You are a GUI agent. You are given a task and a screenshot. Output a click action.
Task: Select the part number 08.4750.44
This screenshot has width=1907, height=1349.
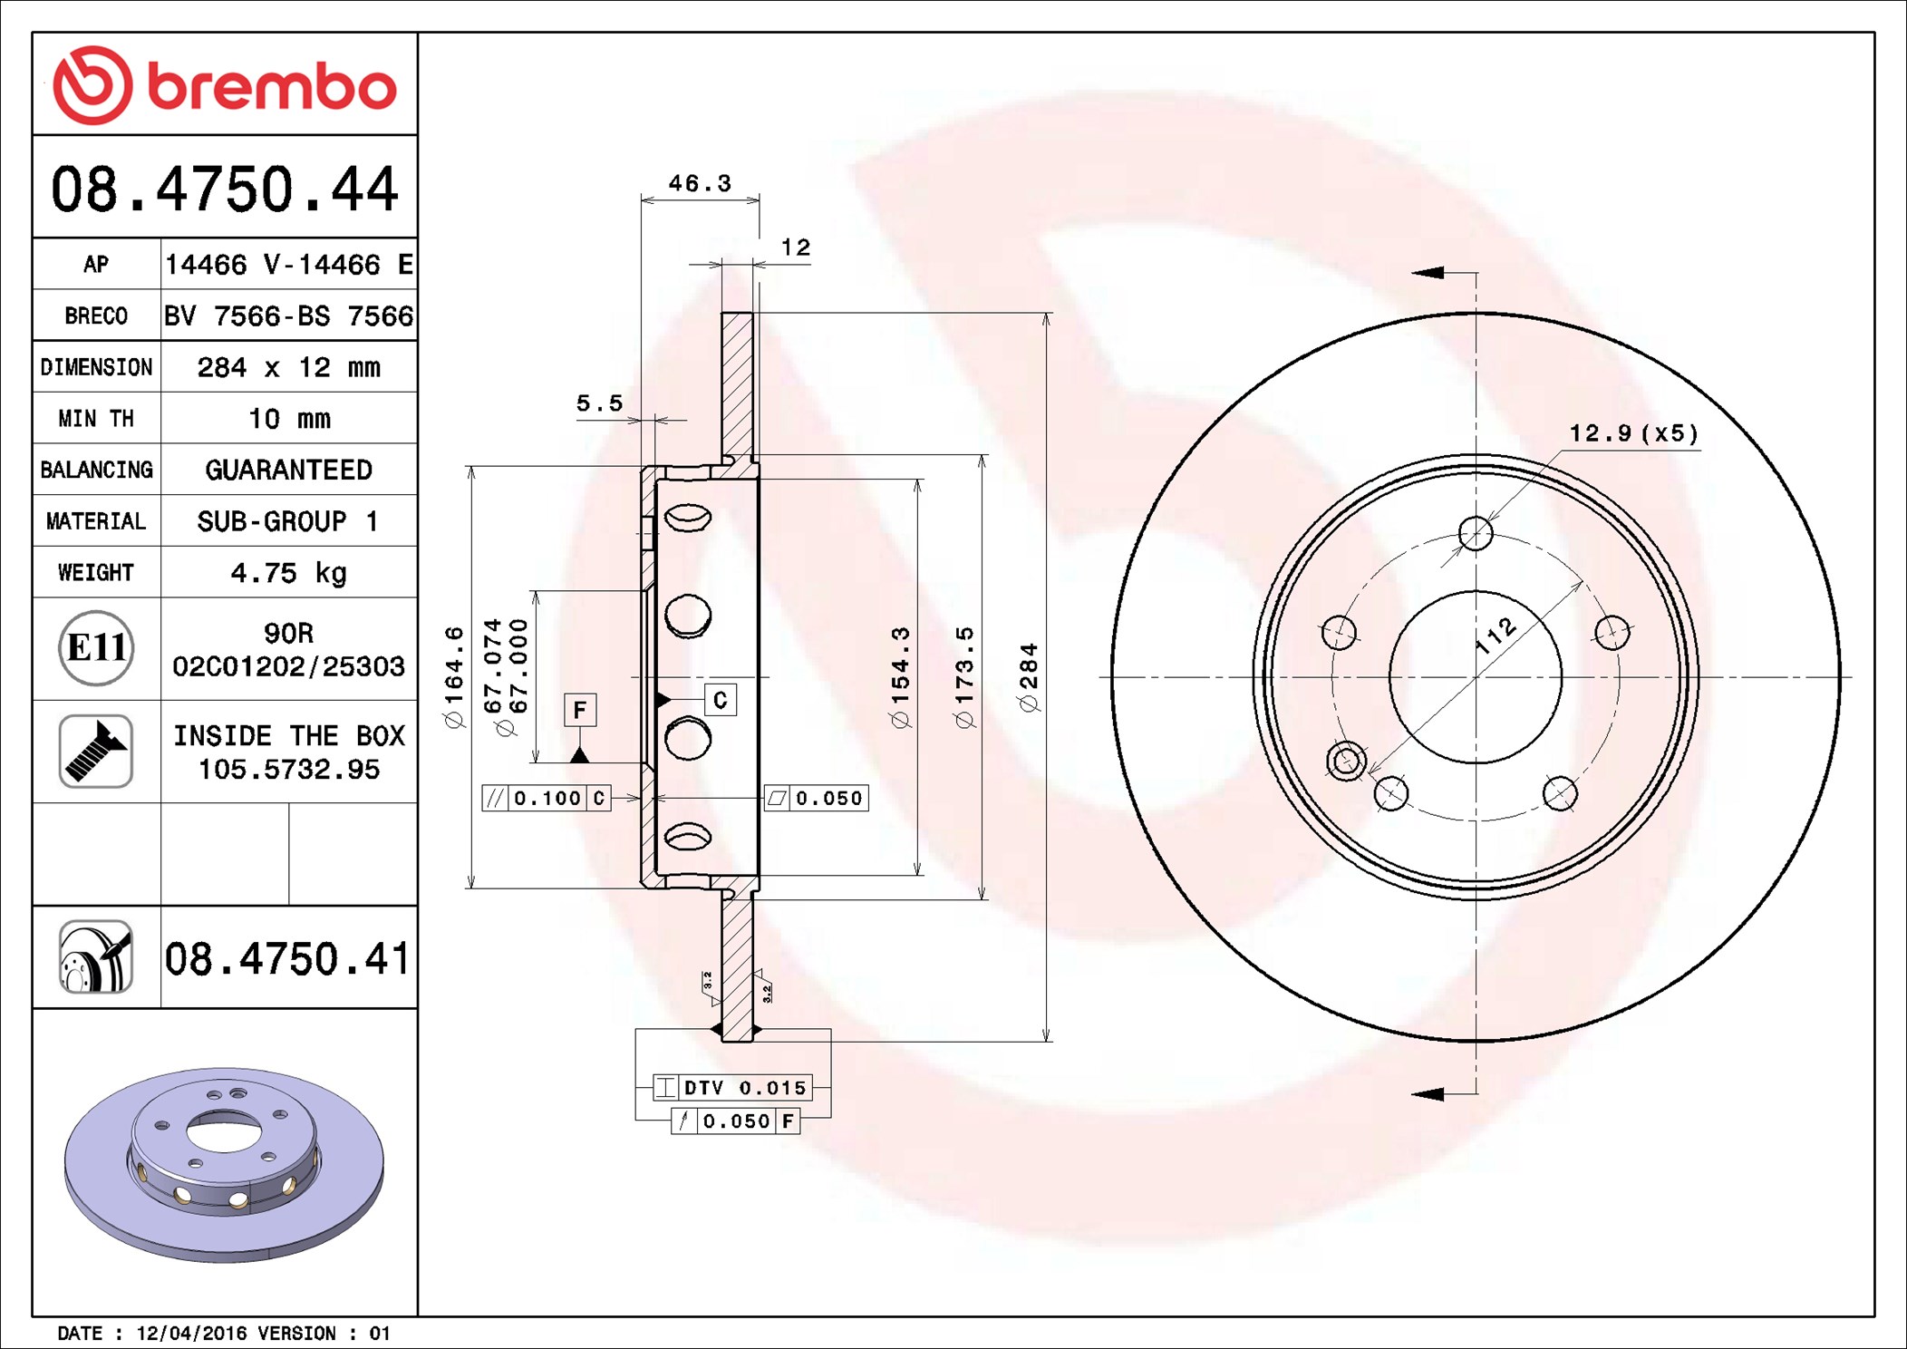(225, 189)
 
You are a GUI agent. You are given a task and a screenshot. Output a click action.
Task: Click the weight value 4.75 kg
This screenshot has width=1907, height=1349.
(288, 573)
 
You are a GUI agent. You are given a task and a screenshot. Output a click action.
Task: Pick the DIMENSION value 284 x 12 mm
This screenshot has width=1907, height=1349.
(288, 367)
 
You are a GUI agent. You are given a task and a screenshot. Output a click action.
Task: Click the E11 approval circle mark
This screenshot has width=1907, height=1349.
(96, 647)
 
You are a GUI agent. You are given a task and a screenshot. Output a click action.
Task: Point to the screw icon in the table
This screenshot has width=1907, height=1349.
(96, 751)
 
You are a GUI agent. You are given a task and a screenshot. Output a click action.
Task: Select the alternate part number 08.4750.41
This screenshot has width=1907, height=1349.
(287, 958)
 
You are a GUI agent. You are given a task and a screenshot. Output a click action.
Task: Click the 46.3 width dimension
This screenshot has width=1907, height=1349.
(700, 183)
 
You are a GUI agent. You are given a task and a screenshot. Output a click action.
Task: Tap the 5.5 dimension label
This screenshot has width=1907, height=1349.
(600, 403)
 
